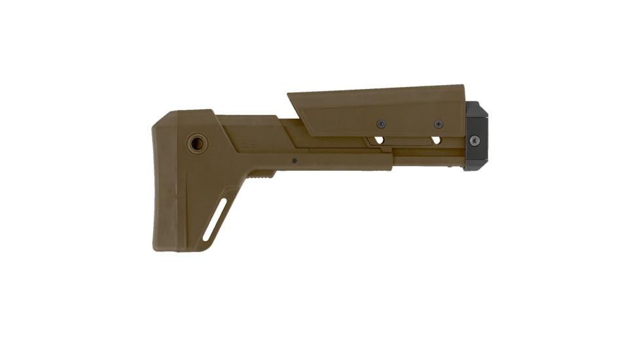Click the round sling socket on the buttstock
[196, 143]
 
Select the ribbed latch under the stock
[261, 174]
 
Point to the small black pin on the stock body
[294, 160]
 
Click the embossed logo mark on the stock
[249, 145]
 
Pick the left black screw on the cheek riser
[380, 124]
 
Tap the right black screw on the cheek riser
[438, 124]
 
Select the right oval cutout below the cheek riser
[436, 140]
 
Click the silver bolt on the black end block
[475, 140]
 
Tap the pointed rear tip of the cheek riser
[289, 96]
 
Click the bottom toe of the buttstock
[161, 247]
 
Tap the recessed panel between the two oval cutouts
[406, 141]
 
